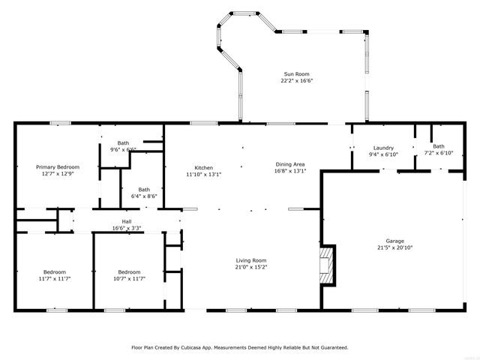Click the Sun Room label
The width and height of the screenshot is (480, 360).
tap(296, 73)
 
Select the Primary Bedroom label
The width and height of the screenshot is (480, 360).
tap(58, 166)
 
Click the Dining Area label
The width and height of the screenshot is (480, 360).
tap(289, 163)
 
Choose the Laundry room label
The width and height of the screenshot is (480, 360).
tap(383, 147)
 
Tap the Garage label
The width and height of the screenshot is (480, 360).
tap(395, 241)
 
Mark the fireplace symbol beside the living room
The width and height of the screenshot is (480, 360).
tap(326, 267)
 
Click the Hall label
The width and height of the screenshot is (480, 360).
tap(127, 221)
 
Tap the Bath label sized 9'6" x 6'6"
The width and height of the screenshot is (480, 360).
tap(124, 142)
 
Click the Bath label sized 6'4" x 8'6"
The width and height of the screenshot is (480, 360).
tap(144, 190)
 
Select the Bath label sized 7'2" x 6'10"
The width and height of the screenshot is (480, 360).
tap(438, 146)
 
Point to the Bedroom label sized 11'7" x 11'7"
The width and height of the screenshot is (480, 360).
tap(54, 271)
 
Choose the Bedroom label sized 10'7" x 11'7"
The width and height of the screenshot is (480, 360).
tap(129, 271)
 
